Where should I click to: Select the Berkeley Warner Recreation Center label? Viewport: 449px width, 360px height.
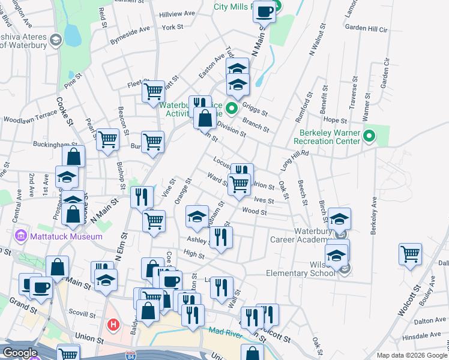[327, 137]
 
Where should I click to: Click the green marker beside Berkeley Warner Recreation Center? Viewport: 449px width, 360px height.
[370, 137]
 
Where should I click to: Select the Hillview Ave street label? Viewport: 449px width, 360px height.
[177, 13]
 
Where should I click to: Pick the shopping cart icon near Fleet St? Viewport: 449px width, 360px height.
[154, 92]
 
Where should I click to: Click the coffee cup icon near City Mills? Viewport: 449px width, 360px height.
[264, 11]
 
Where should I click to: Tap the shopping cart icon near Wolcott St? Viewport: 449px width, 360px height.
[411, 253]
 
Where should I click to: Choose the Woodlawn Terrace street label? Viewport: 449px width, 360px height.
[29, 119]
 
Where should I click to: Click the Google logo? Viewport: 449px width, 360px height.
[20, 353]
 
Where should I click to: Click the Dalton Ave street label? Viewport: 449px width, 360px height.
[430, 321]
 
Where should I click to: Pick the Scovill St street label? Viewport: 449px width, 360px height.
[82, 314]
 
